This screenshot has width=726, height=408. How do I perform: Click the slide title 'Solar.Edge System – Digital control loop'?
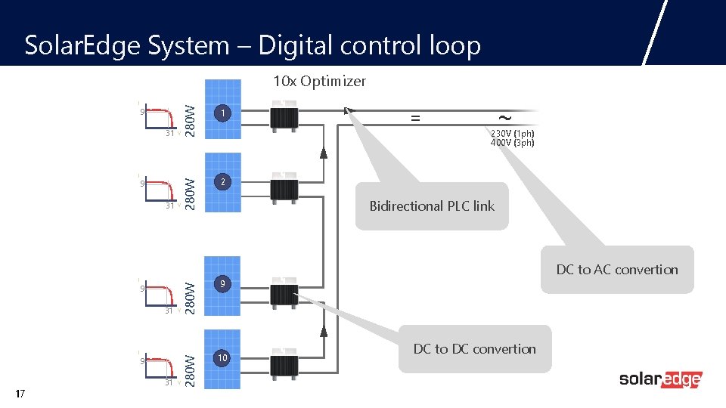(x=252, y=45)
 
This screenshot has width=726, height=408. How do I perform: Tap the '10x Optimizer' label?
(x=319, y=81)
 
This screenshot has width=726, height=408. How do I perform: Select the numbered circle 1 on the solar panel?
(x=222, y=113)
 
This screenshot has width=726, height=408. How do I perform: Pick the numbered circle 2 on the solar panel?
(x=222, y=183)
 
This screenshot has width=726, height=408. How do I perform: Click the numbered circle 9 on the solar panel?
(x=222, y=285)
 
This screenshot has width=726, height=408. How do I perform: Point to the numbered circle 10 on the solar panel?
(x=222, y=357)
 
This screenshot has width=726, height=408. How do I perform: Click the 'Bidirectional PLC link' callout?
(x=432, y=206)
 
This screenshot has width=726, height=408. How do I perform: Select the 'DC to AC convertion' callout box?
(x=617, y=270)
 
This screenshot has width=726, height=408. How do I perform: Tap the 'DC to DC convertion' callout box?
(x=474, y=349)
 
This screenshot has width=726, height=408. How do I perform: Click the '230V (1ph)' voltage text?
(x=512, y=134)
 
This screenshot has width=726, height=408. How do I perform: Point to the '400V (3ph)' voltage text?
(x=512, y=142)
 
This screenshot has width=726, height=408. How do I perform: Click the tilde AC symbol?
(x=504, y=118)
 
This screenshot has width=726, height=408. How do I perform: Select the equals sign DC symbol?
(x=414, y=118)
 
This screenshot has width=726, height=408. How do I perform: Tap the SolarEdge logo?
(x=660, y=379)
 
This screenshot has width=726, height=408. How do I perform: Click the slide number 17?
(x=20, y=394)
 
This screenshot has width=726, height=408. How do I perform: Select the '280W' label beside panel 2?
(x=192, y=193)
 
